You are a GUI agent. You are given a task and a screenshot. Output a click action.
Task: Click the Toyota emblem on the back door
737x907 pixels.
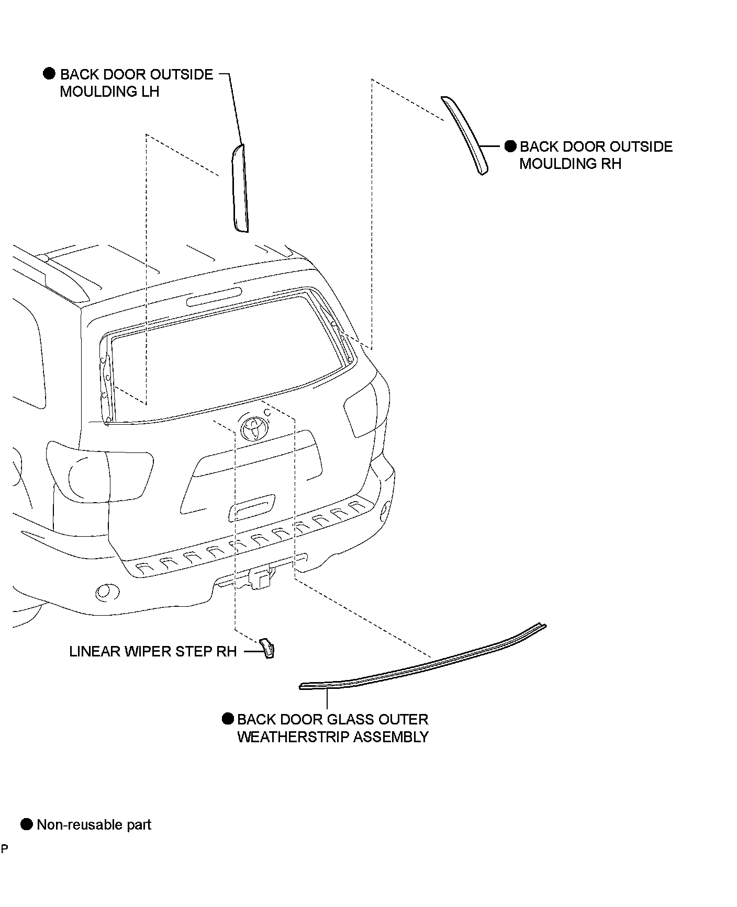point(255,428)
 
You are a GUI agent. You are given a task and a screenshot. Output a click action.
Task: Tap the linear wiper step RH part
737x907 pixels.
point(267,648)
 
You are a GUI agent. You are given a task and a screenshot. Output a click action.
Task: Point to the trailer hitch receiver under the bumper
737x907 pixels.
point(260,578)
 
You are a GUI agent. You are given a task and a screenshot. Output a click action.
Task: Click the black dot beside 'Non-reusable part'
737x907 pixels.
point(27,825)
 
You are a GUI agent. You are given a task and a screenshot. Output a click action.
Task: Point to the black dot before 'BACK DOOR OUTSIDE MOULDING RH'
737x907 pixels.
point(510,146)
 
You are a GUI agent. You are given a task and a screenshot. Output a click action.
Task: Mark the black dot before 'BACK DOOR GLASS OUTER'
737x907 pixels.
point(228,719)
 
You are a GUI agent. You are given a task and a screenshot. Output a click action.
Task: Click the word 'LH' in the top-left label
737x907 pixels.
point(149,92)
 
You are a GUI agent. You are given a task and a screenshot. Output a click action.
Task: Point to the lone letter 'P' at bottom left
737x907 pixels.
point(4,848)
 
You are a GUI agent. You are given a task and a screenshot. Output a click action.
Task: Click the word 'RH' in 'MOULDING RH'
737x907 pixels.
point(611,164)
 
